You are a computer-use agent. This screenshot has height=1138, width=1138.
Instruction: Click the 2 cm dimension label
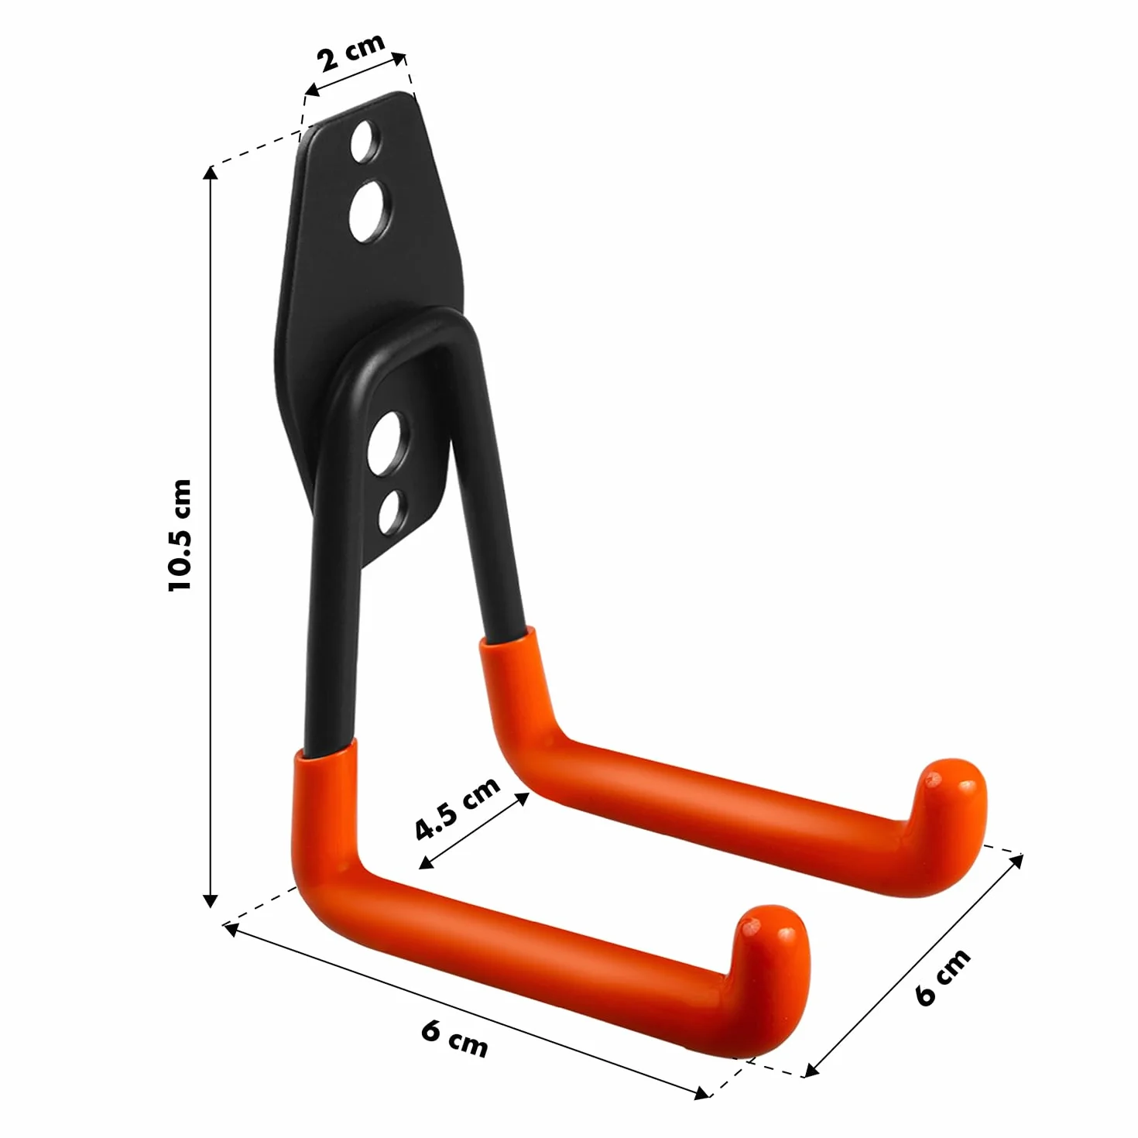tap(351, 52)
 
